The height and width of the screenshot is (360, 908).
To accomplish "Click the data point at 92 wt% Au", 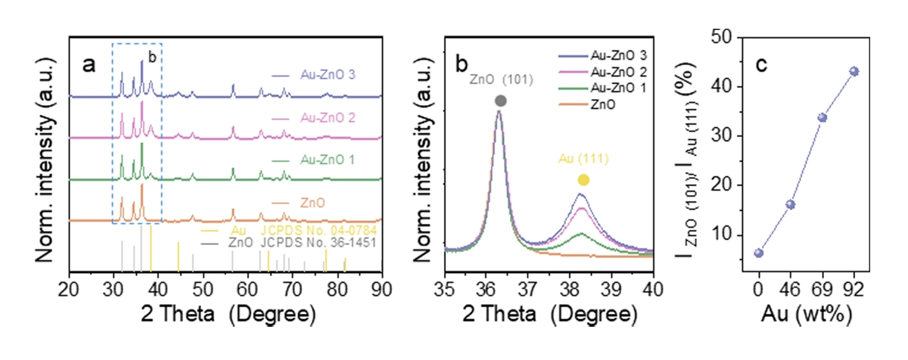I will tap(854, 71).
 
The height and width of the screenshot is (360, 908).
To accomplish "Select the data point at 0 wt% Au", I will tap(759, 253).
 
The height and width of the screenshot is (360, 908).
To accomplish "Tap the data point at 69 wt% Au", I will tap(822, 117).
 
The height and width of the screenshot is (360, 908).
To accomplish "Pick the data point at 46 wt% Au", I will tap(791, 204).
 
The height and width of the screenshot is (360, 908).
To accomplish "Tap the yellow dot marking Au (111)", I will tap(583, 180).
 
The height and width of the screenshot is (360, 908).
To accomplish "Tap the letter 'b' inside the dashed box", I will tap(151, 56).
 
